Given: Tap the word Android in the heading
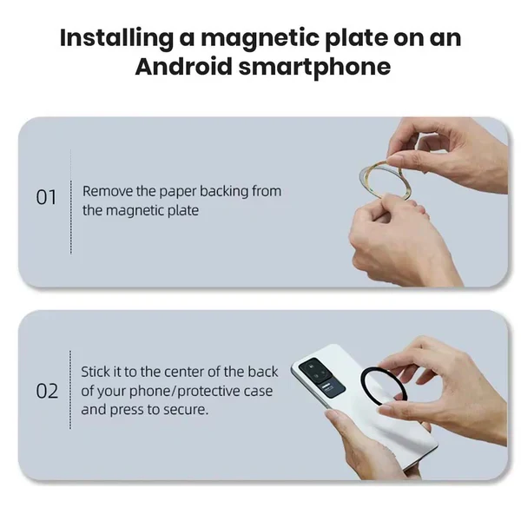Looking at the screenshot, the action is [184, 67].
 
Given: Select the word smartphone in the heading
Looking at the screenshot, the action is [314, 68].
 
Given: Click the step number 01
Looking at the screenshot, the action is [46, 197].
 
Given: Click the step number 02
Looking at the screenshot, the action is [47, 391].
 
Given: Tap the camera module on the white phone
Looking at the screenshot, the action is [321, 375].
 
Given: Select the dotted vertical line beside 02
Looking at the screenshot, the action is [70, 389].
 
